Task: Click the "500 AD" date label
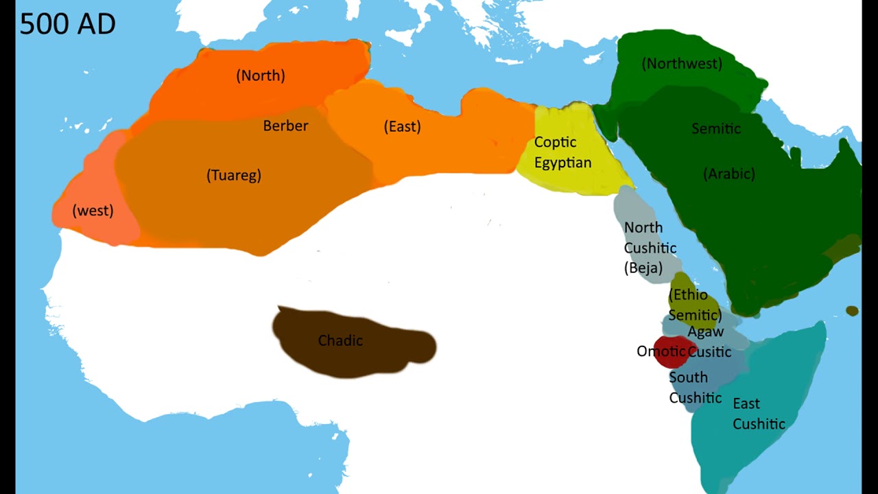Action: pos(67,24)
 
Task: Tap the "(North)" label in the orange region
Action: pos(261,75)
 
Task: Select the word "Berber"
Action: pos(285,126)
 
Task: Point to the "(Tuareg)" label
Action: pos(234,175)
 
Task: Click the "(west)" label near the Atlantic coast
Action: pos(93,211)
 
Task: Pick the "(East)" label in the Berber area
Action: pos(402,126)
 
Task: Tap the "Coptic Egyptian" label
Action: pos(562,152)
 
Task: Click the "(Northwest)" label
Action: pos(682,64)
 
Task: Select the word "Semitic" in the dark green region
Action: pos(715,128)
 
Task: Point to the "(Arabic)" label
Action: pos(729,174)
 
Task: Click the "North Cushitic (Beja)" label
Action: pos(649,248)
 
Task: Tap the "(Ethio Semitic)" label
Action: pos(693,305)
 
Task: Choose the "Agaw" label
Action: pos(706,332)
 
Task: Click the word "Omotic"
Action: pos(661,351)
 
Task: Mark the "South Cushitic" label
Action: pos(695,388)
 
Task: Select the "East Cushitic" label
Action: pos(758,414)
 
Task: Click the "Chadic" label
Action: pos(340,341)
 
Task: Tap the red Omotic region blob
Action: pos(672,342)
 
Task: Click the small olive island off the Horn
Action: pos(852,311)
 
